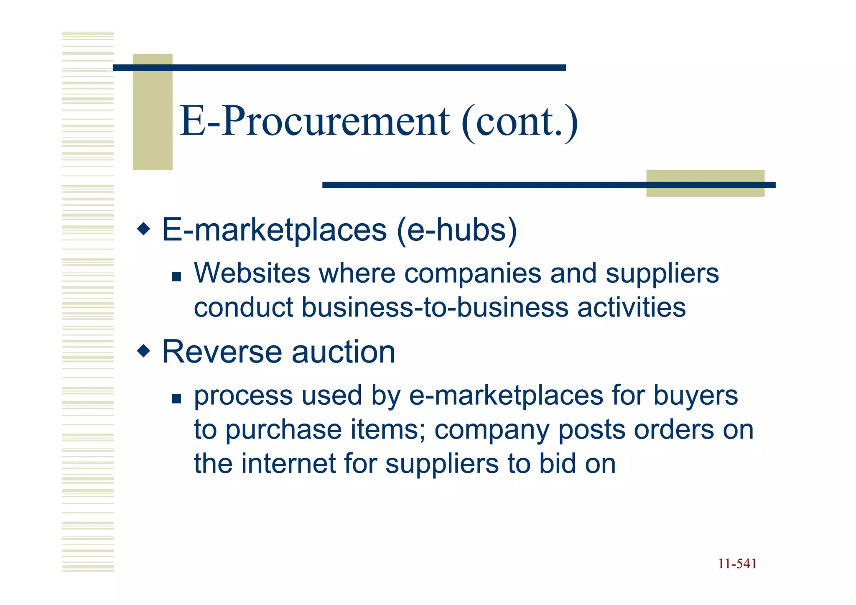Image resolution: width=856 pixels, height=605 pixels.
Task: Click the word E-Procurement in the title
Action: (314, 121)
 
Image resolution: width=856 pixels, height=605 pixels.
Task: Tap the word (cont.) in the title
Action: (520, 121)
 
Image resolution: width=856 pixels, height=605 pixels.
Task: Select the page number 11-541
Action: (737, 564)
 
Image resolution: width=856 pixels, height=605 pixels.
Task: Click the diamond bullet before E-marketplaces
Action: (143, 229)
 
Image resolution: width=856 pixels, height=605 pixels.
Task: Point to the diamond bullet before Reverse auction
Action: (143, 350)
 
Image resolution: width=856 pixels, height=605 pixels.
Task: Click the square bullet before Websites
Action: (176, 276)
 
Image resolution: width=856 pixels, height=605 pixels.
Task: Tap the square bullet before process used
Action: (176, 398)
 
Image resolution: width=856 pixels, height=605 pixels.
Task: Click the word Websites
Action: (252, 273)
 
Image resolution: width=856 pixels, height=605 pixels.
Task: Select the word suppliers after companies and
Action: (662, 274)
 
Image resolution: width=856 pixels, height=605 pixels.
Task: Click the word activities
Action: (631, 307)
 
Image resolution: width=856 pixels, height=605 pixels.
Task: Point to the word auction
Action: (343, 352)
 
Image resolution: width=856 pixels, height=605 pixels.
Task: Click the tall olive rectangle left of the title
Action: (153, 112)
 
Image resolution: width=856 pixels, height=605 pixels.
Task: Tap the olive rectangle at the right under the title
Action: (705, 183)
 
